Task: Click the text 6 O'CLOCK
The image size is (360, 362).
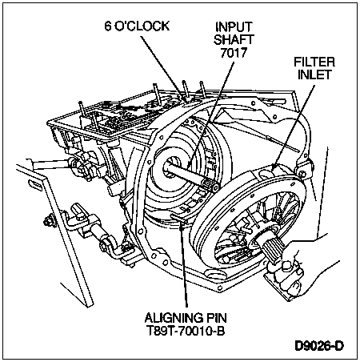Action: click(137, 26)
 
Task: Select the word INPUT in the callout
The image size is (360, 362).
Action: click(234, 26)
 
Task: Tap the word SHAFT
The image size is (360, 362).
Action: click(234, 39)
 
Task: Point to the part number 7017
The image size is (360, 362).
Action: click(234, 52)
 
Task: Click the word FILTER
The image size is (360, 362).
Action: click(314, 62)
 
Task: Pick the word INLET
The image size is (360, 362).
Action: click(314, 74)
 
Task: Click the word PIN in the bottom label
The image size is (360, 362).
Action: click(216, 318)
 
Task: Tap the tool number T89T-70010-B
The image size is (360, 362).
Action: click(186, 331)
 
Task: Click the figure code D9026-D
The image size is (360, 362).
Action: click(319, 346)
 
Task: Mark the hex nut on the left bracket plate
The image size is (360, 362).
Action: click(49, 221)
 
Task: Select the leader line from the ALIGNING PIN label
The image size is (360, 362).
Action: click(184, 265)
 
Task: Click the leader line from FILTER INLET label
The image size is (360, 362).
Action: click(294, 127)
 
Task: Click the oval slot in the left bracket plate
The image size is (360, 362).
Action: click(35, 185)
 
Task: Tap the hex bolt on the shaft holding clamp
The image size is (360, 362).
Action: click(286, 267)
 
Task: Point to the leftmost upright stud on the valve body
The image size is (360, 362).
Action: click(82, 110)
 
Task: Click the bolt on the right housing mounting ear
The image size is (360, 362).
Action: click(302, 174)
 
